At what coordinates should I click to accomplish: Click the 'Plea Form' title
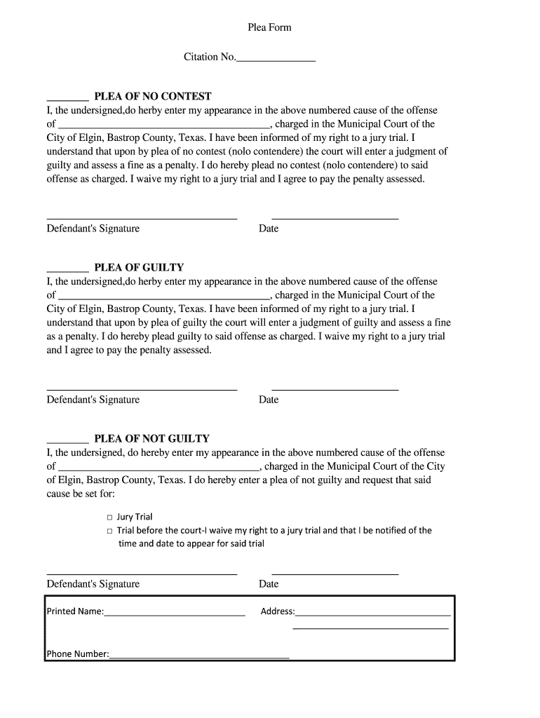pyautogui.click(x=269, y=27)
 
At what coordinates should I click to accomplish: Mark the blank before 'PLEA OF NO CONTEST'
pyautogui.click(x=67, y=100)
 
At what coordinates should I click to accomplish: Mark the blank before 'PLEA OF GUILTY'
pyautogui.click(x=67, y=271)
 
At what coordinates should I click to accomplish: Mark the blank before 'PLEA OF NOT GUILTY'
pyautogui.click(x=67, y=442)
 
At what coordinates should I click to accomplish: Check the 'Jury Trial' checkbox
pyautogui.click(x=110, y=517)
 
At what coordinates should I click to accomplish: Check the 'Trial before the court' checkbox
pyautogui.click(x=110, y=531)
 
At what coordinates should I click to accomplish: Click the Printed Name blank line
pyautogui.click(x=175, y=614)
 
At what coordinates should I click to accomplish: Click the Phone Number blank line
pyautogui.click(x=199, y=658)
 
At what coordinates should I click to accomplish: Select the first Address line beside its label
pyautogui.click(x=373, y=614)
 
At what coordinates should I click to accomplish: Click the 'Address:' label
pyautogui.click(x=278, y=611)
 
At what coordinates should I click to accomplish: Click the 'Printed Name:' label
pyautogui.click(x=75, y=611)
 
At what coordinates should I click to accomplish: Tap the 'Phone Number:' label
pyautogui.click(x=78, y=654)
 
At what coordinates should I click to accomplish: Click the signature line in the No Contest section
pyautogui.click(x=142, y=218)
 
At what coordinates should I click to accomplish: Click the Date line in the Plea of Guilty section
pyautogui.click(x=335, y=389)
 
